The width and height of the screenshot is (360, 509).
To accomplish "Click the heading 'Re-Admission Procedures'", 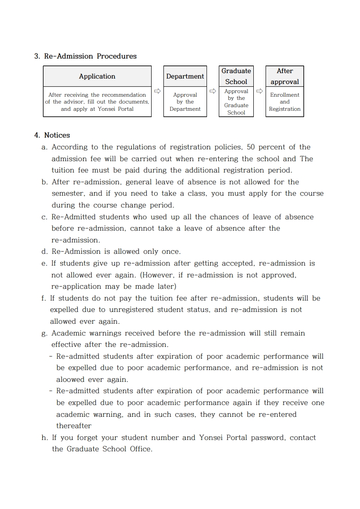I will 90,56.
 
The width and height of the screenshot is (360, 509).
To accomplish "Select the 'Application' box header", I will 97,76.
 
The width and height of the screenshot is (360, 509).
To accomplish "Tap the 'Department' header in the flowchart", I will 185,76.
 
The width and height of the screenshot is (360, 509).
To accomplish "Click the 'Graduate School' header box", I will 236,76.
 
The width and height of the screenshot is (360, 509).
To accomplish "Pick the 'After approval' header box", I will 285,76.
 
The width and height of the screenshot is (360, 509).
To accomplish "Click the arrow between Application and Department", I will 157,91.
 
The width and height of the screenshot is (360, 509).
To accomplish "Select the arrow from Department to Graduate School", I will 212,91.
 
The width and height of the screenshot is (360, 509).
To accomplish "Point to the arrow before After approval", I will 260,91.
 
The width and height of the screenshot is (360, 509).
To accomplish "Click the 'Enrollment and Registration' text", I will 285,102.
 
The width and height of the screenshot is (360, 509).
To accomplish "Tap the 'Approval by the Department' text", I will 185,102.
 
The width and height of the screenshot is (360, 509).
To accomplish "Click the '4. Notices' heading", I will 52,135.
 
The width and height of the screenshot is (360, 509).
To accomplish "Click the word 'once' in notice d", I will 170,252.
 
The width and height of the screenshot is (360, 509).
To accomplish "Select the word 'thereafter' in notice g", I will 74,426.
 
